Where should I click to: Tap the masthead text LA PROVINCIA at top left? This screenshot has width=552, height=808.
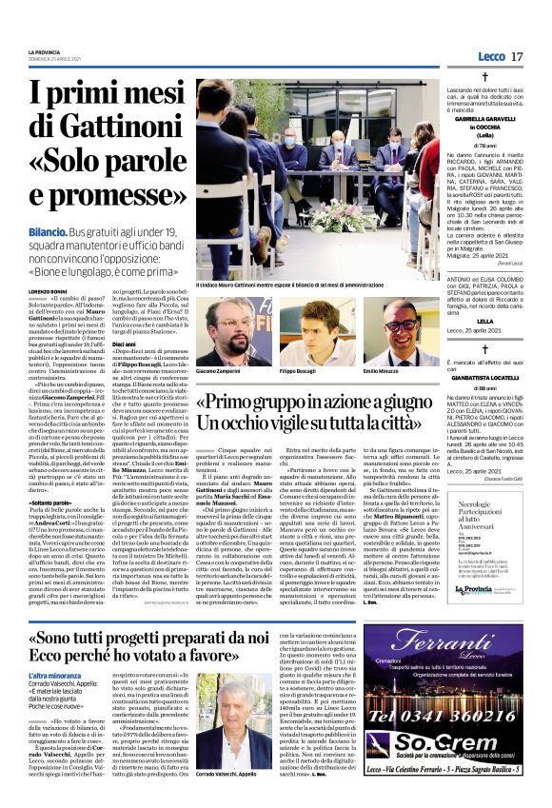[x=44, y=52]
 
